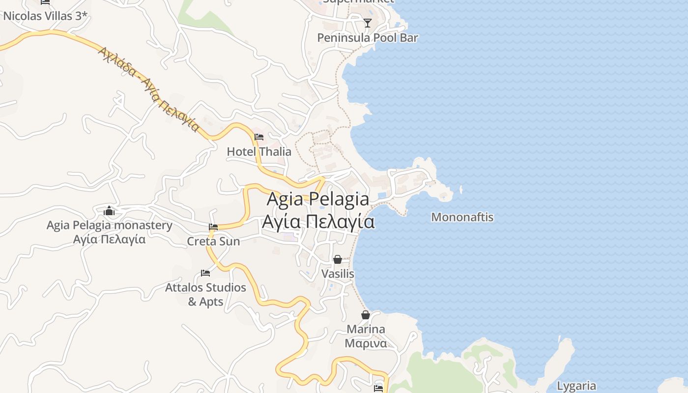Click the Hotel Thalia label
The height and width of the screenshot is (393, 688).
pyautogui.click(x=259, y=152)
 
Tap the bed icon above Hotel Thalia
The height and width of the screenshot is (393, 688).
pyautogui.click(x=259, y=137)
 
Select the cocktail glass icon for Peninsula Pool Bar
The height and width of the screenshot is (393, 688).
pyautogui.click(x=367, y=23)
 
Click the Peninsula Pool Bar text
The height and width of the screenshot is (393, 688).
pyautogui.click(x=368, y=38)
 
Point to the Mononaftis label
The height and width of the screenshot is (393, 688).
pyautogui.click(x=462, y=217)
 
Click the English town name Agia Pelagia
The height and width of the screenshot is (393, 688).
pyautogui.click(x=318, y=199)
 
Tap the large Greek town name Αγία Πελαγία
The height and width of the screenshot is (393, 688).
pyautogui.click(x=318, y=222)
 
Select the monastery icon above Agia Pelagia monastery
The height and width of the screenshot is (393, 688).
pyautogui.click(x=109, y=211)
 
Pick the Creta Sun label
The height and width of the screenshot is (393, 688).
pyautogui.click(x=213, y=241)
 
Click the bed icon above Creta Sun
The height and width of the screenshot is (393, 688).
pyautogui.click(x=213, y=227)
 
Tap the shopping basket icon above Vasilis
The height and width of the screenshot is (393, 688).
pyautogui.click(x=338, y=259)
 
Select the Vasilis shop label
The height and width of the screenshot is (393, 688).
pyautogui.click(x=338, y=274)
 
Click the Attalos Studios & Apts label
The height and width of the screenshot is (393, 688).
pyautogui.click(x=205, y=294)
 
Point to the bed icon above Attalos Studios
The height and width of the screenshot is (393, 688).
pyautogui.click(x=205, y=273)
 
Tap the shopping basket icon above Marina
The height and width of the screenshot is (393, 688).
pyautogui.click(x=366, y=315)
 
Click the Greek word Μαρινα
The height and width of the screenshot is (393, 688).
pyautogui.click(x=366, y=343)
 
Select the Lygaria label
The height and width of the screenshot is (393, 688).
pyautogui.click(x=577, y=386)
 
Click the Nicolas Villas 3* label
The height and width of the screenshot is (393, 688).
pyautogui.click(x=45, y=16)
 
